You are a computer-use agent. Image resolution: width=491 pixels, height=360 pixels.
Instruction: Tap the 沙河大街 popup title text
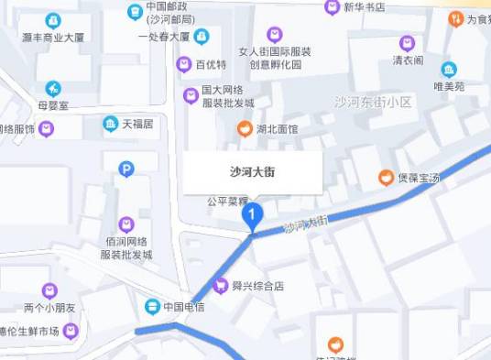(x=252, y=170)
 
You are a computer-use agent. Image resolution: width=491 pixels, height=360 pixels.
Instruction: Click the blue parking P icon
(x=126, y=169)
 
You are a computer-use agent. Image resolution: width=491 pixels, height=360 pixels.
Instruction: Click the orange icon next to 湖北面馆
(x=245, y=129)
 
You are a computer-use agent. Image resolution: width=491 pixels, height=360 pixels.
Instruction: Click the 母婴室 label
(x=53, y=106)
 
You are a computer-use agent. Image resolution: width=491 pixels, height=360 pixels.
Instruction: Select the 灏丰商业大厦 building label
(x=53, y=38)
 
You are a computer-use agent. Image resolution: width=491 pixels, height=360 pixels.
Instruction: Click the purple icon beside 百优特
(x=183, y=64)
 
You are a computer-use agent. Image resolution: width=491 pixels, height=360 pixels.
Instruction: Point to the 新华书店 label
(x=364, y=7)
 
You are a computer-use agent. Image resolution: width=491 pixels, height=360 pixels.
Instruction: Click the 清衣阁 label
(x=408, y=60)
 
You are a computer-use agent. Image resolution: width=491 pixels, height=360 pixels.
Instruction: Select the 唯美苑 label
(x=449, y=86)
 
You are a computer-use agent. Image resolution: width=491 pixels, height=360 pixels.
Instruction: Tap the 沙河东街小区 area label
(x=373, y=102)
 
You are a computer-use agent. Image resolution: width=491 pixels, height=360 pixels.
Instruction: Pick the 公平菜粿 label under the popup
(x=227, y=201)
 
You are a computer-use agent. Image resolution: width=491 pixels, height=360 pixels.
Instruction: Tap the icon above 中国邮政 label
(x=136, y=11)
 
